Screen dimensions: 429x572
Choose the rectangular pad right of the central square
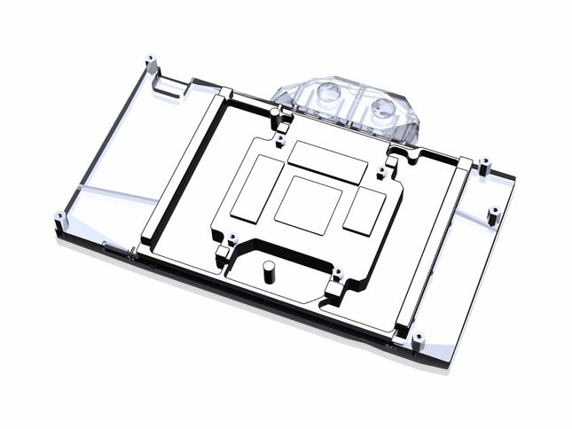point(364,212)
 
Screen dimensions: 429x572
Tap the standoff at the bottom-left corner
point(59,218)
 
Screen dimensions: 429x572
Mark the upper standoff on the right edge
point(484,165)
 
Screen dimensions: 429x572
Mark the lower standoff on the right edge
point(494,214)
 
